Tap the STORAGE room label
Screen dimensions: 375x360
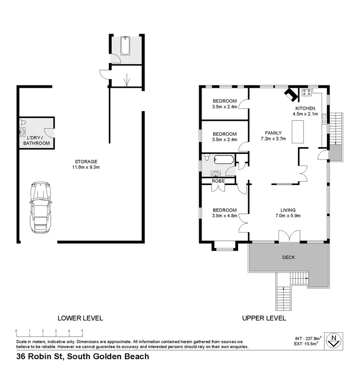point(86,162)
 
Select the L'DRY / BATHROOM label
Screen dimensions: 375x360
point(38,140)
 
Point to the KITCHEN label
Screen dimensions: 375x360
point(305,108)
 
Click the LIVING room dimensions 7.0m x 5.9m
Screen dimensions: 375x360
point(288,216)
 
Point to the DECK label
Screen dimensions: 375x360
point(288,258)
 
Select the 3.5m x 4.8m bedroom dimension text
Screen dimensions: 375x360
point(225,216)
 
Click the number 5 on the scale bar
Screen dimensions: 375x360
point(82,331)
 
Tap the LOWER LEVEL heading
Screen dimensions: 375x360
point(80,318)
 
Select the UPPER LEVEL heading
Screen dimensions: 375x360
point(264,318)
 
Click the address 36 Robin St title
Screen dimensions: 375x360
point(83,356)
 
